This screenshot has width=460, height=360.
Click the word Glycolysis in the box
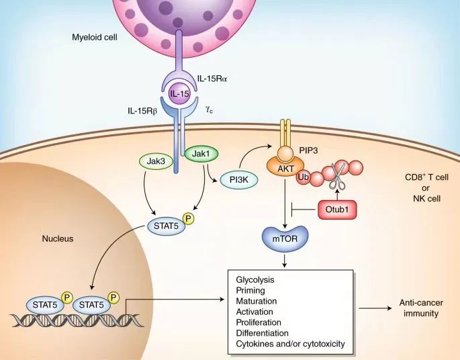click(256, 278)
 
